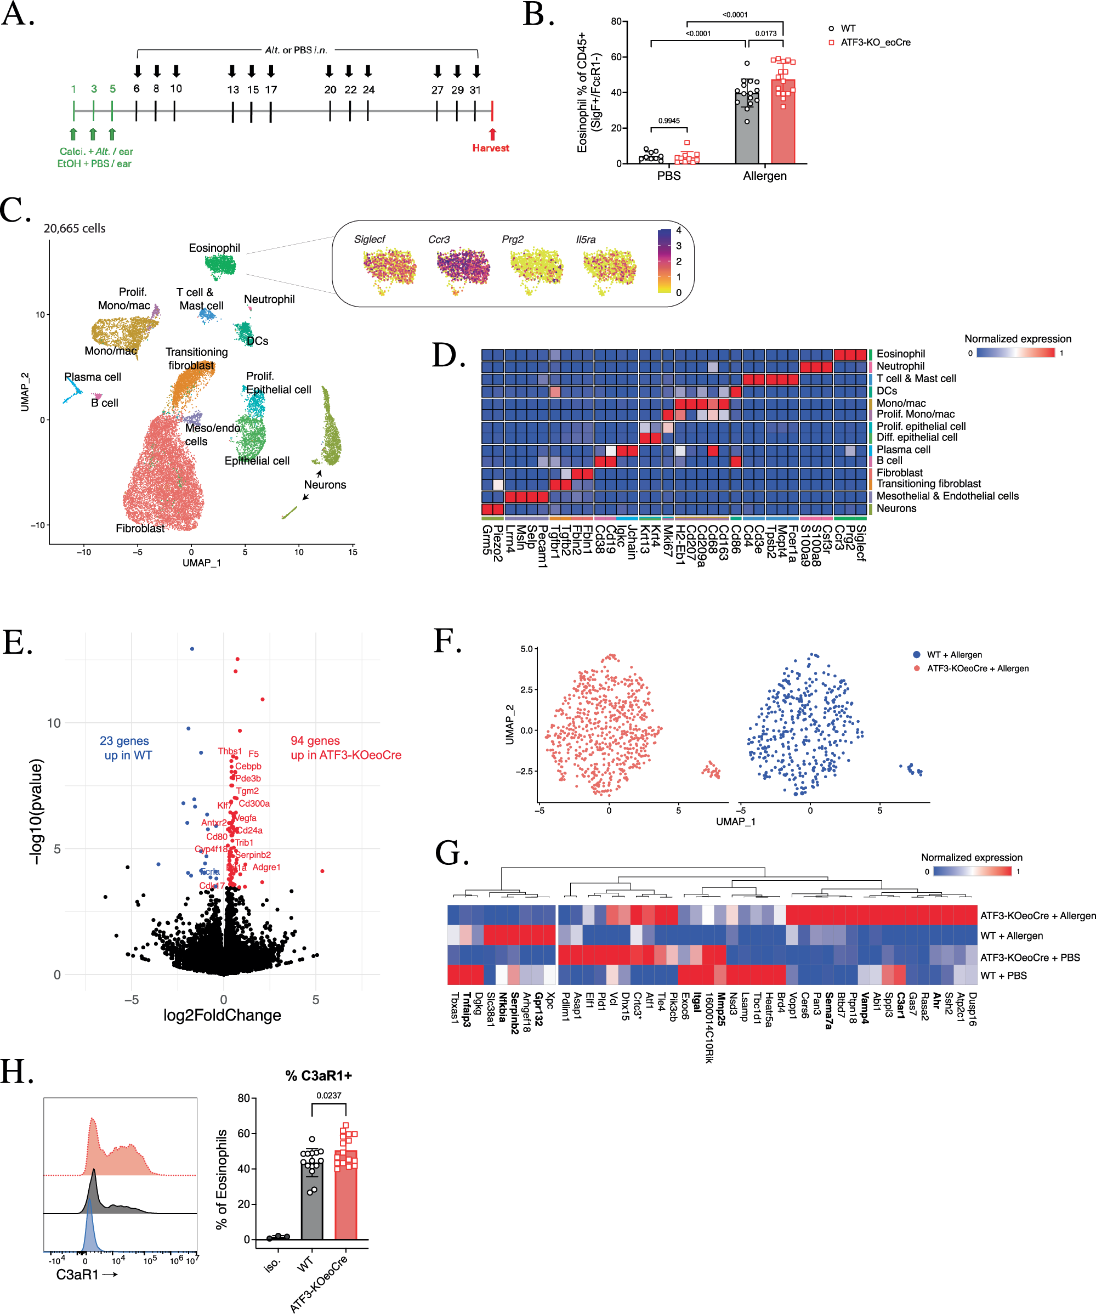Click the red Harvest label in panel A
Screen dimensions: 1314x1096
click(x=491, y=148)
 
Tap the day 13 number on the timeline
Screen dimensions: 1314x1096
click(x=232, y=89)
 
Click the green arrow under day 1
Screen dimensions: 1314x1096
click(x=73, y=134)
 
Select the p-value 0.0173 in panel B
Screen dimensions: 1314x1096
click(x=766, y=33)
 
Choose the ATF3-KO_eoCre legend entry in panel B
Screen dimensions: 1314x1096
click(x=874, y=43)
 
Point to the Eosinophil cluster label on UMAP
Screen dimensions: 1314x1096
click(x=214, y=248)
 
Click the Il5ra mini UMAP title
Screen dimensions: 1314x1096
click(x=586, y=240)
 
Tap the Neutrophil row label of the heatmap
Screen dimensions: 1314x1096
click(x=900, y=366)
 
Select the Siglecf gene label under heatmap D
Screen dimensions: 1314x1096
click(x=861, y=542)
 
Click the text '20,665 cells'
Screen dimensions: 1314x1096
click(x=75, y=228)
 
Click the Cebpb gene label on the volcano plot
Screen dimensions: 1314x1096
click(x=248, y=766)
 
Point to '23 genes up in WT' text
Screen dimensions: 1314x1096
click(x=125, y=747)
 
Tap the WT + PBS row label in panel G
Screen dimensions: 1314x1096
click(x=1003, y=976)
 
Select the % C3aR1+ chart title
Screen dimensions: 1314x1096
click(x=319, y=1075)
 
